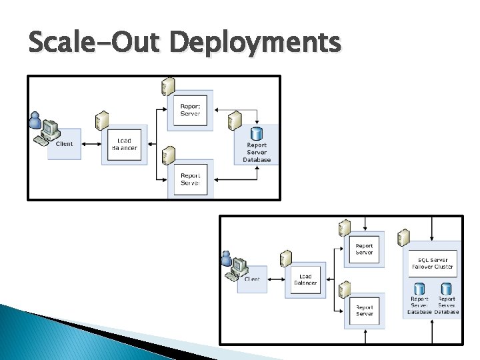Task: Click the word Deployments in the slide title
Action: pos(255,44)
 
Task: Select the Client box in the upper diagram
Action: pos(64,143)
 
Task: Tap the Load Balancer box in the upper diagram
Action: pos(124,143)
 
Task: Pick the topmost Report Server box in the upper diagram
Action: pos(190,109)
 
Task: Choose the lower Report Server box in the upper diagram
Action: pos(190,179)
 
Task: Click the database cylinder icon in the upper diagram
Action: pos(257,133)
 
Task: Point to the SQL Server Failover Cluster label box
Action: pos(433,263)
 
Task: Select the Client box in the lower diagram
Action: pos(251,278)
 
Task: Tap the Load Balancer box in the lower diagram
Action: pos(305,279)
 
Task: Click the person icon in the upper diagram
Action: pos(36,121)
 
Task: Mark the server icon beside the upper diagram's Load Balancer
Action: pos(101,121)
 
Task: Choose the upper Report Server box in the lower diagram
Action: pos(364,249)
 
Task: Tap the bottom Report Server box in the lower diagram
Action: pos(364,310)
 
